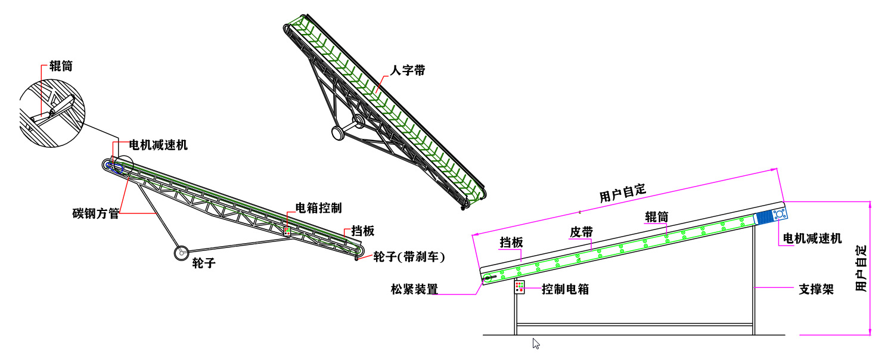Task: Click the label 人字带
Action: tap(408, 70)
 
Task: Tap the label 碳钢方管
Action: tap(96, 213)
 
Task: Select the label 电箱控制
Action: tap(319, 208)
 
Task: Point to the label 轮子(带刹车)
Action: tap(409, 257)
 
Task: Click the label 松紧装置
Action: tap(414, 289)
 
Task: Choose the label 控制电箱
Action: tap(565, 289)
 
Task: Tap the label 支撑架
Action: tap(817, 289)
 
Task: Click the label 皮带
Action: tap(582, 232)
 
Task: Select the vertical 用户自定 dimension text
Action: tap(861, 268)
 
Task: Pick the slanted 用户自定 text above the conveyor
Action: tap(622, 193)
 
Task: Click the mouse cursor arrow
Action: tap(536, 343)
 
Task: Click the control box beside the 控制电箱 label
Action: tap(519, 287)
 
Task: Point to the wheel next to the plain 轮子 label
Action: tap(181, 253)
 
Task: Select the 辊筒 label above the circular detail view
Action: tap(61, 66)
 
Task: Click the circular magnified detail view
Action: tap(52, 113)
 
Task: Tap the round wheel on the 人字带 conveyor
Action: tap(338, 133)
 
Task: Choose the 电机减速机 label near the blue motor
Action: tap(812, 238)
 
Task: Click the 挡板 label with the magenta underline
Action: tap(511, 242)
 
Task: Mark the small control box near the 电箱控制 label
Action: tap(287, 231)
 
